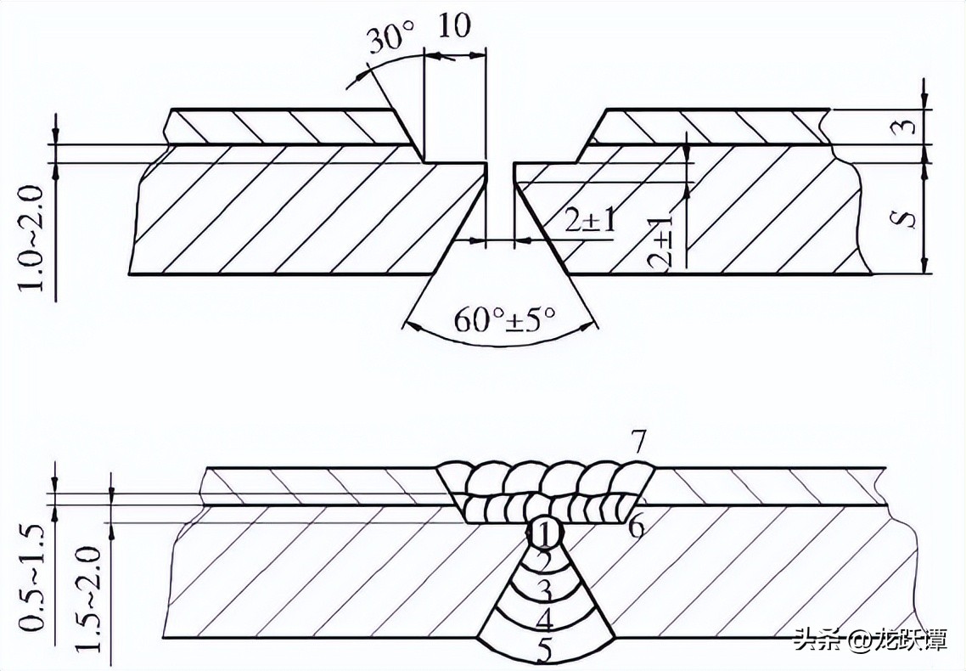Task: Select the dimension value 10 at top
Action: click(455, 25)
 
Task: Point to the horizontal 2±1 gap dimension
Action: click(589, 221)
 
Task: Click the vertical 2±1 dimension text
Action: click(661, 243)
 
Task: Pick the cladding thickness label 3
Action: click(909, 127)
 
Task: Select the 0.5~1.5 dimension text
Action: click(33, 578)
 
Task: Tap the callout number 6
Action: click(637, 527)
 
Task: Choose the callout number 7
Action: click(637, 442)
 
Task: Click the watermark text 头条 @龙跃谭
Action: click(870, 639)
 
